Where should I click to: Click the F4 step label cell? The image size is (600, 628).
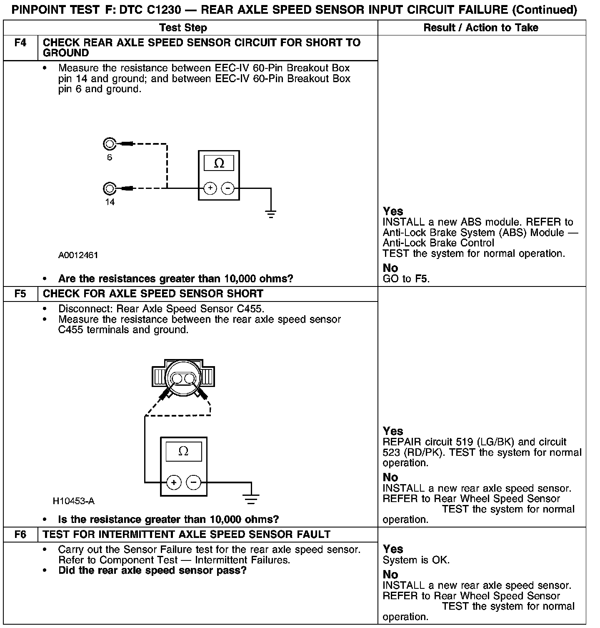tap(20, 43)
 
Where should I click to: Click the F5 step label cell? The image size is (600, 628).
tap(20, 294)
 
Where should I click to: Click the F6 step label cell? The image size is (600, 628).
tap(20, 535)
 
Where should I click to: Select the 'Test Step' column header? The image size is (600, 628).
tap(183, 28)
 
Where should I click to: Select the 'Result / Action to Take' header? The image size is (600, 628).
tap(481, 28)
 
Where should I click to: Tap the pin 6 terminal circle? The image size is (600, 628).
tap(109, 144)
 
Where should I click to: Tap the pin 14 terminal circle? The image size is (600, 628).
tap(109, 188)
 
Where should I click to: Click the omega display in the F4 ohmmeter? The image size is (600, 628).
tap(219, 163)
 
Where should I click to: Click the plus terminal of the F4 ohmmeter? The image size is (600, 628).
tap(210, 188)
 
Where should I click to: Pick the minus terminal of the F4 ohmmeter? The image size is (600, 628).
tap(227, 188)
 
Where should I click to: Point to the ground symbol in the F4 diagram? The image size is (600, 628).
tap(271, 214)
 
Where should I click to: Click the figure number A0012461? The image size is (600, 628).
tap(78, 255)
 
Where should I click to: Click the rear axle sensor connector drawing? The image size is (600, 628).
tap(183, 377)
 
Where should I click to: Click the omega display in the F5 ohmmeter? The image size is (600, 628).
tap(183, 451)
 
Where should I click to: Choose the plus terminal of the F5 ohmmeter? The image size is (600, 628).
tap(174, 483)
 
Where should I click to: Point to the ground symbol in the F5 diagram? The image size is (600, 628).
tap(251, 498)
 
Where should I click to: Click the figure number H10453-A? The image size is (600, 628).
tap(74, 501)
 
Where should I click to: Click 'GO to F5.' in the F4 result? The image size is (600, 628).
tap(406, 279)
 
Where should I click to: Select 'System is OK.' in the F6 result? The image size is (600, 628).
tap(416, 560)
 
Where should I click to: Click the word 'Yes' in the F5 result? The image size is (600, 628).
tap(393, 431)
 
